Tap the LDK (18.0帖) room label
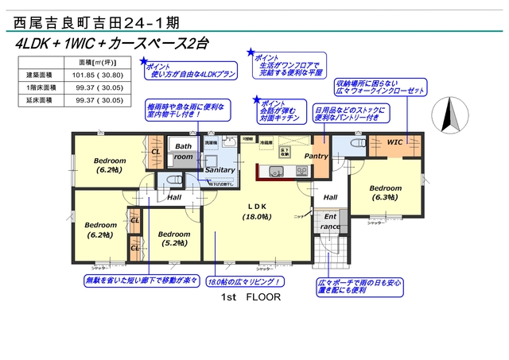click(x=256, y=211)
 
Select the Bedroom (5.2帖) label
click(x=173, y=238)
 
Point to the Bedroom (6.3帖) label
click(x=386, y=193)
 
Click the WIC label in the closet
click(x=395, y=141)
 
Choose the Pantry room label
click(x=316, y=157)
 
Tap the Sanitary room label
click(x=220, y=170)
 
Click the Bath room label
click(x=184, y=152)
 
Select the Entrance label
click(x=329, y=221)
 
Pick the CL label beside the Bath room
click(x=156, y=151)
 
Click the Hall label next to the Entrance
click(x=330, y=197)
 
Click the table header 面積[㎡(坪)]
click(x=99, y=62)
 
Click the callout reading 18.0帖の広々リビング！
click(x=245, y=282)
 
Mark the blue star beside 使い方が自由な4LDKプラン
click(x=143, y=61)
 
